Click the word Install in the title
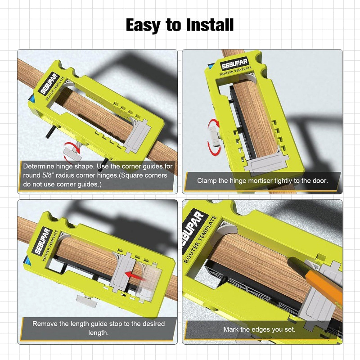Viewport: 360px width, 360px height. [x=210, y=25]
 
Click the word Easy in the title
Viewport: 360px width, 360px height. [x=143, y=26]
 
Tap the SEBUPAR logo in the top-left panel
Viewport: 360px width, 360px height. [x=50, y=84]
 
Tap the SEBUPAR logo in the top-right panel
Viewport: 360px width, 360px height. [x=234, y=63]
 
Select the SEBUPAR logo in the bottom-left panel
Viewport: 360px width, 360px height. [x=43, y=241]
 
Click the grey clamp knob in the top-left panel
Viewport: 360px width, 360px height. [x=72, y=153]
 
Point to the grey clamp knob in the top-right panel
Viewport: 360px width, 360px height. [x=214, y=136]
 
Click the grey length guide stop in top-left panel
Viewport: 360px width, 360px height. [x=138, y=136]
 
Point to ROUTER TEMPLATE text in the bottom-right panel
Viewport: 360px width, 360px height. [x=200, y=239]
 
